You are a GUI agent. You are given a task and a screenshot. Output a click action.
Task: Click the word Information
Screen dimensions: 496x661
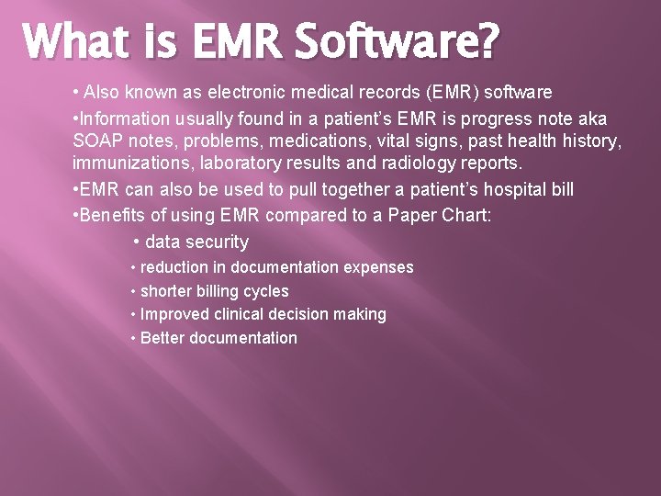123,118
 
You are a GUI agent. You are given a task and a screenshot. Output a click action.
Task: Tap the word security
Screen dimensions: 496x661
217,242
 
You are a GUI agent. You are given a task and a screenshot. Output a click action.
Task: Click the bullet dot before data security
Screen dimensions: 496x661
136,242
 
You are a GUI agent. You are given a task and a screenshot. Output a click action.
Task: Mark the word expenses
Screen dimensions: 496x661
378,267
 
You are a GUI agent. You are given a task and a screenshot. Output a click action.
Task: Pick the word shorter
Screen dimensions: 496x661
167,291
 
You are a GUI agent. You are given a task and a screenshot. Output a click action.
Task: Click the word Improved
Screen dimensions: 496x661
174,314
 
